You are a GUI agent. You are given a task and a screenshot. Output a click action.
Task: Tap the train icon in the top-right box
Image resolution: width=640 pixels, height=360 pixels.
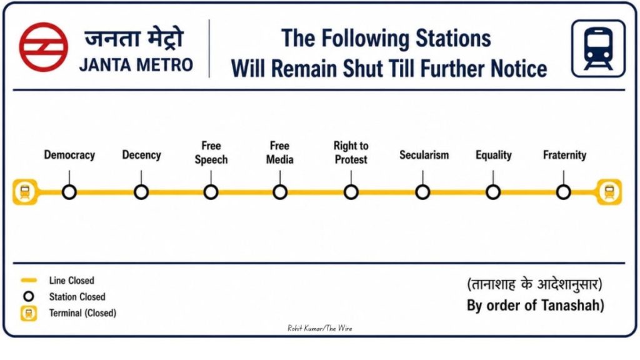[598, 49]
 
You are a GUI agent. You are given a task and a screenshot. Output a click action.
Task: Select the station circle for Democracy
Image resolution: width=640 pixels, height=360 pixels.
[69, 192]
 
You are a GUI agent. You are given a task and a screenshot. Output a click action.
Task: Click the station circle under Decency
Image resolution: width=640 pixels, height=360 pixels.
[141, 192]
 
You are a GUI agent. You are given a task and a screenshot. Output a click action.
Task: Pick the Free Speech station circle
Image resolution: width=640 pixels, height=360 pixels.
[211, 192]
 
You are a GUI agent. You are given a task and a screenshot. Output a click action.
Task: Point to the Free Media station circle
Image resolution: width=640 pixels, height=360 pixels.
[280, 192]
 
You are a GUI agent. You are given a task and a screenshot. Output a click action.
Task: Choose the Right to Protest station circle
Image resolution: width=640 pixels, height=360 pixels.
[351, 192]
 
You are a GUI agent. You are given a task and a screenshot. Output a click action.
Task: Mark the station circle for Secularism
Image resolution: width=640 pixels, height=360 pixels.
[422, 192]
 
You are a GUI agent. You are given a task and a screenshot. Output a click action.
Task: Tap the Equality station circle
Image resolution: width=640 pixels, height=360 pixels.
[493, 192]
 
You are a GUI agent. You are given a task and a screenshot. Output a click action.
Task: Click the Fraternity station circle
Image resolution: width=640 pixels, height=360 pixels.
[563, 192]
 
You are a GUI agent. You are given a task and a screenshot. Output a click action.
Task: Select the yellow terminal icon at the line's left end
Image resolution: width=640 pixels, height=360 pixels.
[25, 192]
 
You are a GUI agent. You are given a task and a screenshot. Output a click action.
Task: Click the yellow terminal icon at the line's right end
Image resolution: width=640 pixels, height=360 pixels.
[609, 192]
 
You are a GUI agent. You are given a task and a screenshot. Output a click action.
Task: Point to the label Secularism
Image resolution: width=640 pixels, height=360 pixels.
[424, 155]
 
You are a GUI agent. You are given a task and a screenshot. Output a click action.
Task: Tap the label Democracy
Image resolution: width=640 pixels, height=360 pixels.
[69, 155]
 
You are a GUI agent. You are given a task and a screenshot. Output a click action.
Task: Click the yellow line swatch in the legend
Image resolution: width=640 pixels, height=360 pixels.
[29, 281]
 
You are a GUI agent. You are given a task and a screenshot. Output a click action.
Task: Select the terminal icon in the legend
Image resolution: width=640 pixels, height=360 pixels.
[29, 313]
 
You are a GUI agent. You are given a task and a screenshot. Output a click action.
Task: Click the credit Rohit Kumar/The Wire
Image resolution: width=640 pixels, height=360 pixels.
[320, 328]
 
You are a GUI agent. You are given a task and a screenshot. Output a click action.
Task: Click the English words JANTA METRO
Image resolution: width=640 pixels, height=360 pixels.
[136, 65]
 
